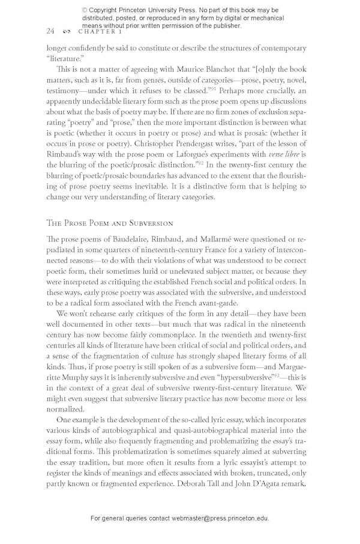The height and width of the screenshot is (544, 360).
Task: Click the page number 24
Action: [50, 31]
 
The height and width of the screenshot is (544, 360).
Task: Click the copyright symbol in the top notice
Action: [85, 10]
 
